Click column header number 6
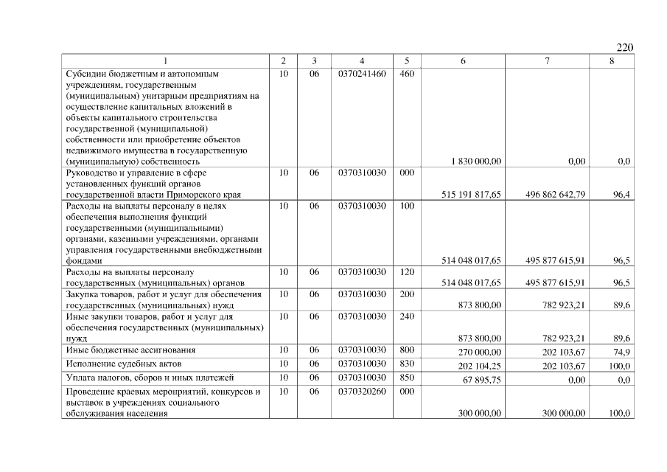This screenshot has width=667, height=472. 463,61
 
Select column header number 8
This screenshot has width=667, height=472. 612,61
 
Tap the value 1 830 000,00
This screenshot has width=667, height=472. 476,161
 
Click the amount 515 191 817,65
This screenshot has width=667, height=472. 471,195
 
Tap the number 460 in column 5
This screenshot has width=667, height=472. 407,74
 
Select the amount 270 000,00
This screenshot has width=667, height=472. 480,352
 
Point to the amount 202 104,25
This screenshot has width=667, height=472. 480,366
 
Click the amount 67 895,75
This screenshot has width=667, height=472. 482,379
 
